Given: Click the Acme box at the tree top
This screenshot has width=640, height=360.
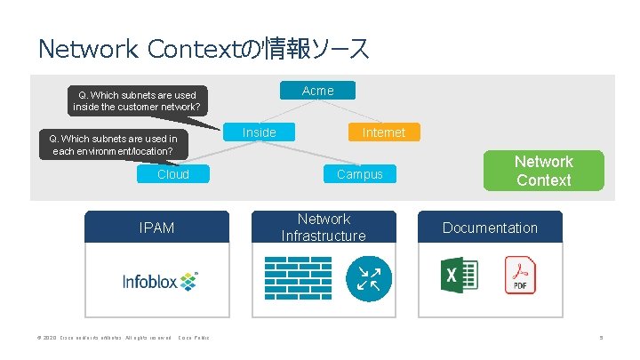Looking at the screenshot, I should tap(318, 91).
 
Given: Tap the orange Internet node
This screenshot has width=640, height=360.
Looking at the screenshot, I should tap(383, 132).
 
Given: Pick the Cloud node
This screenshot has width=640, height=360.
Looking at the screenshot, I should tap(173, 174).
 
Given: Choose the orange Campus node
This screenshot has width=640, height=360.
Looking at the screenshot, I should tap(359, 174).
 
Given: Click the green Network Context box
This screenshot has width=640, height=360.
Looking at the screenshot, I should tap(543, 171).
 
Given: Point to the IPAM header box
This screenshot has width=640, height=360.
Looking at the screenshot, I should tap(156, 228).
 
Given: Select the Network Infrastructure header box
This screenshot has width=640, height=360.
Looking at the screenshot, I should tap(324, 227).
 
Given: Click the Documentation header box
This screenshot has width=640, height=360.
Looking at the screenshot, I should tap(490, 228).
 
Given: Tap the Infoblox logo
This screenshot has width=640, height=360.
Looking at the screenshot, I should tap(161, 281).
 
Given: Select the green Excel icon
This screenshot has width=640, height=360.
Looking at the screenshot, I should tap(459, 275).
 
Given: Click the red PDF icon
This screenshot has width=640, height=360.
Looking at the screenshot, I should tap(518, 275).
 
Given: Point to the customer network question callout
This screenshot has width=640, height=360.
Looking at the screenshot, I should tap(137, 101).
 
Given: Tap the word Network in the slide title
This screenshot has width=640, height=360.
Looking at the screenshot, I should tap(85, 48).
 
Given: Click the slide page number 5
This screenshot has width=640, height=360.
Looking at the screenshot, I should tap(601, 337).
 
